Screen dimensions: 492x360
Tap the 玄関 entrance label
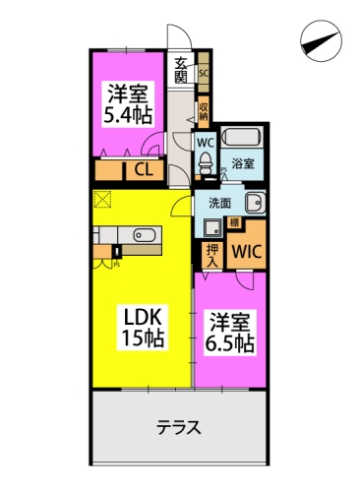point(182,74)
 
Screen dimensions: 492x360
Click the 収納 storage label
point(204,110)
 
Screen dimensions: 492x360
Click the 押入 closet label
point(210,256)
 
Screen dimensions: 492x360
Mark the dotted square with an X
point(103,201)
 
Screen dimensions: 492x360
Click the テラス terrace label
point(179,428)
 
